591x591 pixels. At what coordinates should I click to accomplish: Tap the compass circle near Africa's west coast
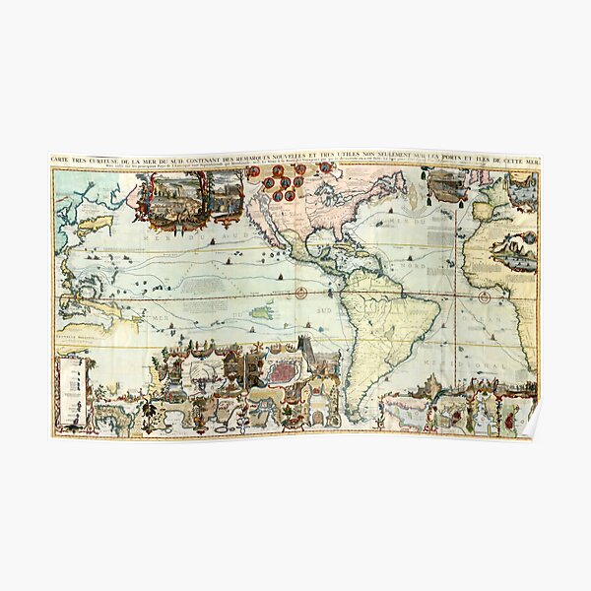point(484,293)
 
